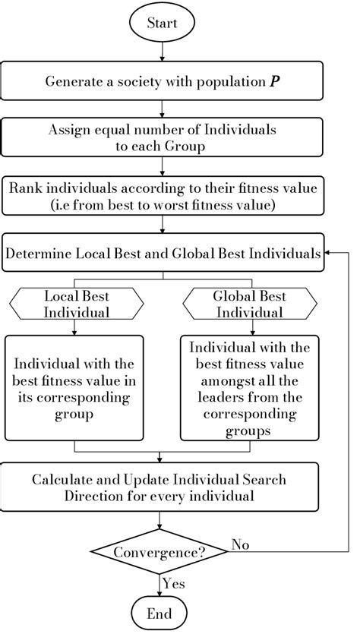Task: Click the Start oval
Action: click(x=161, y=23)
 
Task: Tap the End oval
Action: click(x=160, y=613)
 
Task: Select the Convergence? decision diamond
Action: click(x=159, y=552)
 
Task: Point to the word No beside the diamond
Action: click(x=242, y=544)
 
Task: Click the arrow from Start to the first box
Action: click(x=161, y=52)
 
